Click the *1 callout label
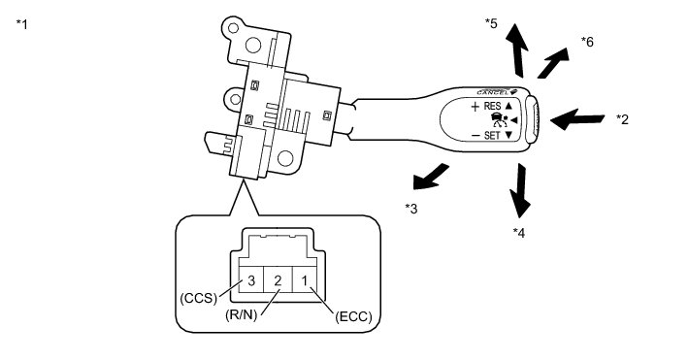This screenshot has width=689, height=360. (x=22, y=24)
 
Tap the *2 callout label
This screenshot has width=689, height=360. (x=622, y=119)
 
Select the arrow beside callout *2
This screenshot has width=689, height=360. (x=577, y=119)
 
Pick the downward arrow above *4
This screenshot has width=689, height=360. (x=520, y=190)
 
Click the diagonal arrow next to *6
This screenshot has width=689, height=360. (x=553, y=63)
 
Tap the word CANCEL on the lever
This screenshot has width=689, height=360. (x=492, y=92)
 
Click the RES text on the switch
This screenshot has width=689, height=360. (x=492, y=106)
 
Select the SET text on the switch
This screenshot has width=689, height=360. (x=492, y=136)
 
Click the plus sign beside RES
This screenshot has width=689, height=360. (x=475, y=107)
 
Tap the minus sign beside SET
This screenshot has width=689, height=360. (x=475, y=136)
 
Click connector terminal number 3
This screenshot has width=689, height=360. (x=251, y=280)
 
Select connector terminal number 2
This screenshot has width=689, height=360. (x=278, y=280)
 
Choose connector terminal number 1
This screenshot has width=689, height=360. (x=304, y=280)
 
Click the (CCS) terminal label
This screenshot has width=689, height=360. (x=199, y=298)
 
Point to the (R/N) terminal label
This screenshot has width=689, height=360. (x=241, y=315)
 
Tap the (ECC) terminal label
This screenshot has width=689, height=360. (x=353, y=316)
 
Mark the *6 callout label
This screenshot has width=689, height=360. (x=587, y=42)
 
